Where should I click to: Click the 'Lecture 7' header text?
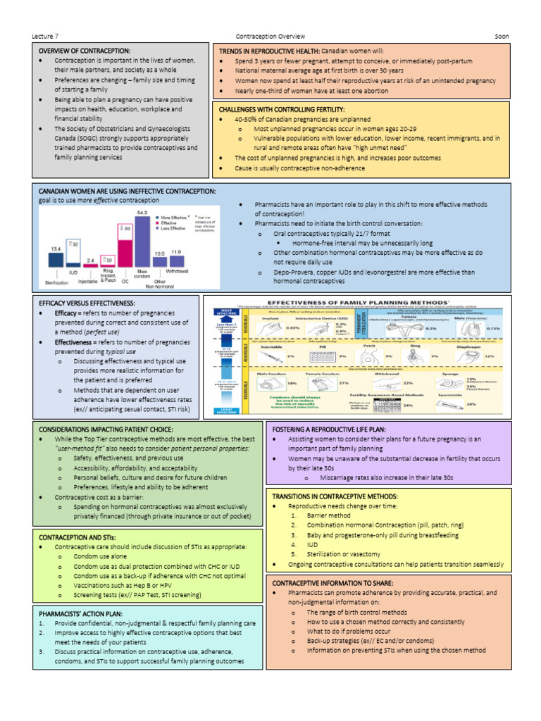click(x=46, y=37)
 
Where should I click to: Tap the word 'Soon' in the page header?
click(x=502, y=37)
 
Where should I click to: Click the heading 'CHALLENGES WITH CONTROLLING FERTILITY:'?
click(x=282, y=110)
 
